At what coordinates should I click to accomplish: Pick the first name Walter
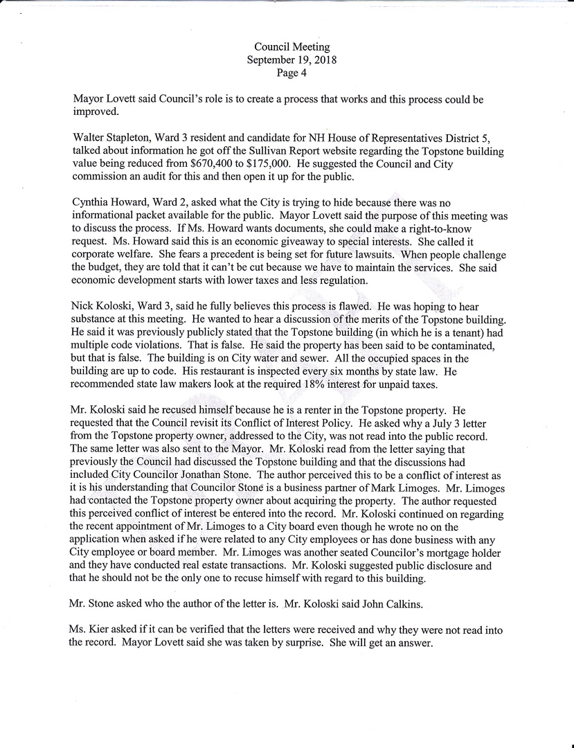click(x=90, y=138)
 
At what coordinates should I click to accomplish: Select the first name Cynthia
click(x=93, y=203)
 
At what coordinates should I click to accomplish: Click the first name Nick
click(x=82, y=307)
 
